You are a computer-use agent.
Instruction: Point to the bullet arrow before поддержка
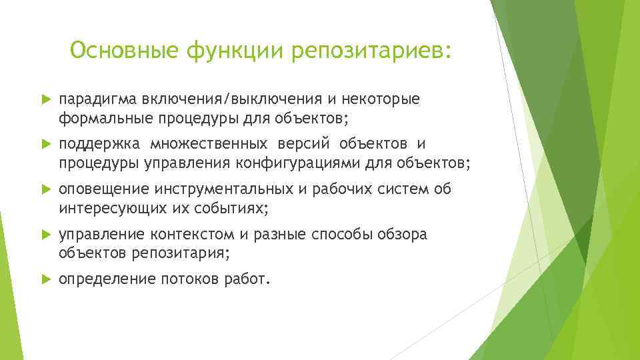(45, 145)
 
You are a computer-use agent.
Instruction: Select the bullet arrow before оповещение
(45, 190)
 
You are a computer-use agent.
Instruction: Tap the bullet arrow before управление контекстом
(45, 235)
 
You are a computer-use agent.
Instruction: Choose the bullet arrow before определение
(45, 280)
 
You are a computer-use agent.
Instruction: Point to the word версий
(301, 144)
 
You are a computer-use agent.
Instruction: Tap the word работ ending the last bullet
(246, 279)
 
